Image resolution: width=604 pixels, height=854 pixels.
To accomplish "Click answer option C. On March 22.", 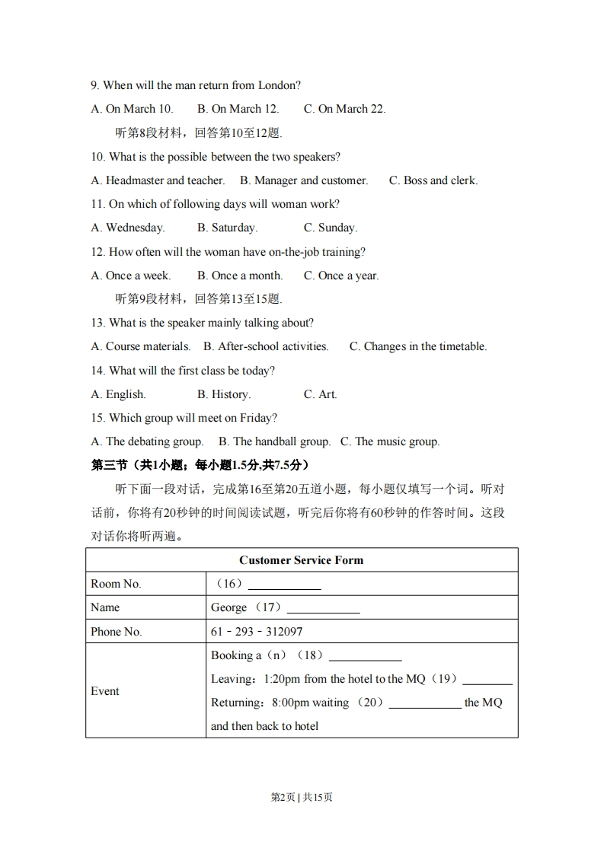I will click(x=344, y=109).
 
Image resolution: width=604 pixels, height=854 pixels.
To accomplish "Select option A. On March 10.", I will click(x=132, y=109).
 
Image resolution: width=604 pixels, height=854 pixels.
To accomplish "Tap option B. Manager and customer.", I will click(x=303, y=180).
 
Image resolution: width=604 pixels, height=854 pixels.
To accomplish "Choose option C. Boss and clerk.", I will click(x=433, y=180).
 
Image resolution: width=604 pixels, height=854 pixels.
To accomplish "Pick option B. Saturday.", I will click(x=227, y=228).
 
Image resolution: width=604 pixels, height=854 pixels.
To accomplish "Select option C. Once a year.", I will click(x=340, y=276).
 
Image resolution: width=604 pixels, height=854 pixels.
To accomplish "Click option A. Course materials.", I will click(x=140, y=346).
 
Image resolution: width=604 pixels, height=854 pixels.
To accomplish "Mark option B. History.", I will click(x=223, y=394).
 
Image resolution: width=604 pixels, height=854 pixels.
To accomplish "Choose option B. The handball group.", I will click(x=274, y=441).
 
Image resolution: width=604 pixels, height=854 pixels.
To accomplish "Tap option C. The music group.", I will click(x=389, y=441).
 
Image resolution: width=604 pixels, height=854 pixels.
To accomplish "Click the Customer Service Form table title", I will click(x=302, y=560).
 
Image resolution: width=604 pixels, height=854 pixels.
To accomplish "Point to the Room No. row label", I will click(x=116, y=584).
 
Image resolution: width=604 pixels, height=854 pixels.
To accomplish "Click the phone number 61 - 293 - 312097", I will click(x=257, y=632).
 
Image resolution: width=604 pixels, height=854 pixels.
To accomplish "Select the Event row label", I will click(x=105, y=691).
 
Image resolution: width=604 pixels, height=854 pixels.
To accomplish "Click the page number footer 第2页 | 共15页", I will click(x=302, y=797).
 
